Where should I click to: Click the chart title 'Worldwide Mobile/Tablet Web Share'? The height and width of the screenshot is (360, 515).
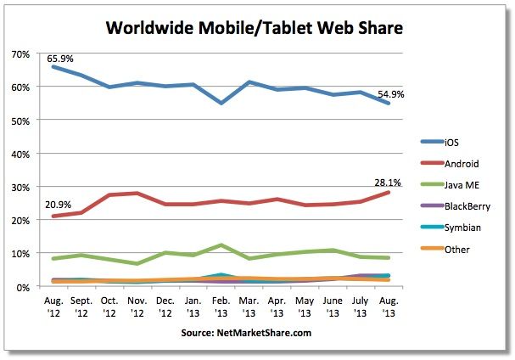tap(254, 27)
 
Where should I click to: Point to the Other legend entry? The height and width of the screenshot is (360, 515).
tap(458, 250)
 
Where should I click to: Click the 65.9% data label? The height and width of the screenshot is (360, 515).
tap(59, 59)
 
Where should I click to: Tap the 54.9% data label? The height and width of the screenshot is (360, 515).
tap(391, 94)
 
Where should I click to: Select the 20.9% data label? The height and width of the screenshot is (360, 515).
tap(58, 204)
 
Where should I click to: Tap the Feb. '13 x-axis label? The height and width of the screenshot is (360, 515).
tap(221, 307)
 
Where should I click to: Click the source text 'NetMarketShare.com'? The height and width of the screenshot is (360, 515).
tap(246, 334)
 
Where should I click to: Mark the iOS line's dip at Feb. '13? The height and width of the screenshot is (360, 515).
tap(221, 103)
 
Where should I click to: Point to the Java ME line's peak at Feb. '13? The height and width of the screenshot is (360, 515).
tap(221, 245)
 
